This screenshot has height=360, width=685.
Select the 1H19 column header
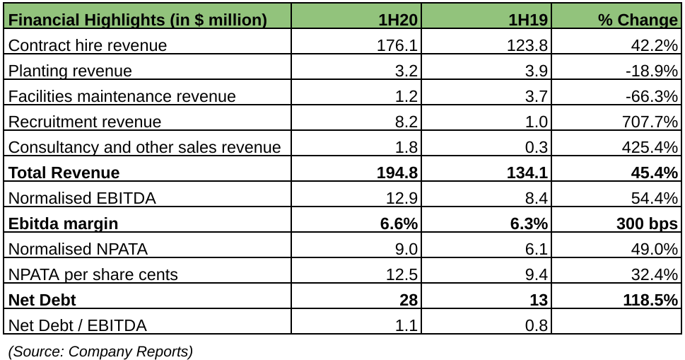[x=528, y=20]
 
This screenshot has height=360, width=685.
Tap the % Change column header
[x=638, y=20]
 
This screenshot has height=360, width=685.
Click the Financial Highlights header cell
[x=137, y=20]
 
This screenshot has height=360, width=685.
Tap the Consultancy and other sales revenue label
[x=145, y=147]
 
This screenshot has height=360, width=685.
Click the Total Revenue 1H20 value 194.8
[x=398, y=173]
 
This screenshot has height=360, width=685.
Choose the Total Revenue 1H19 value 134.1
[x=528, y=173]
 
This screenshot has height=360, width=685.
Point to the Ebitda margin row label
[x=63, y=223]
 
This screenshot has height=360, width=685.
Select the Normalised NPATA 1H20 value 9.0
[x=406, y=249]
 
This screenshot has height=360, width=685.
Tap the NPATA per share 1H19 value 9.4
[x=537, y=274]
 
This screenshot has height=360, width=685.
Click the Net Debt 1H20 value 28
[x=408, y=300]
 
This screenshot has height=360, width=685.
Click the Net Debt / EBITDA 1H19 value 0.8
[x=537, y=325]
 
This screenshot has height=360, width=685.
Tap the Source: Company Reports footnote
[x=100, y=351]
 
